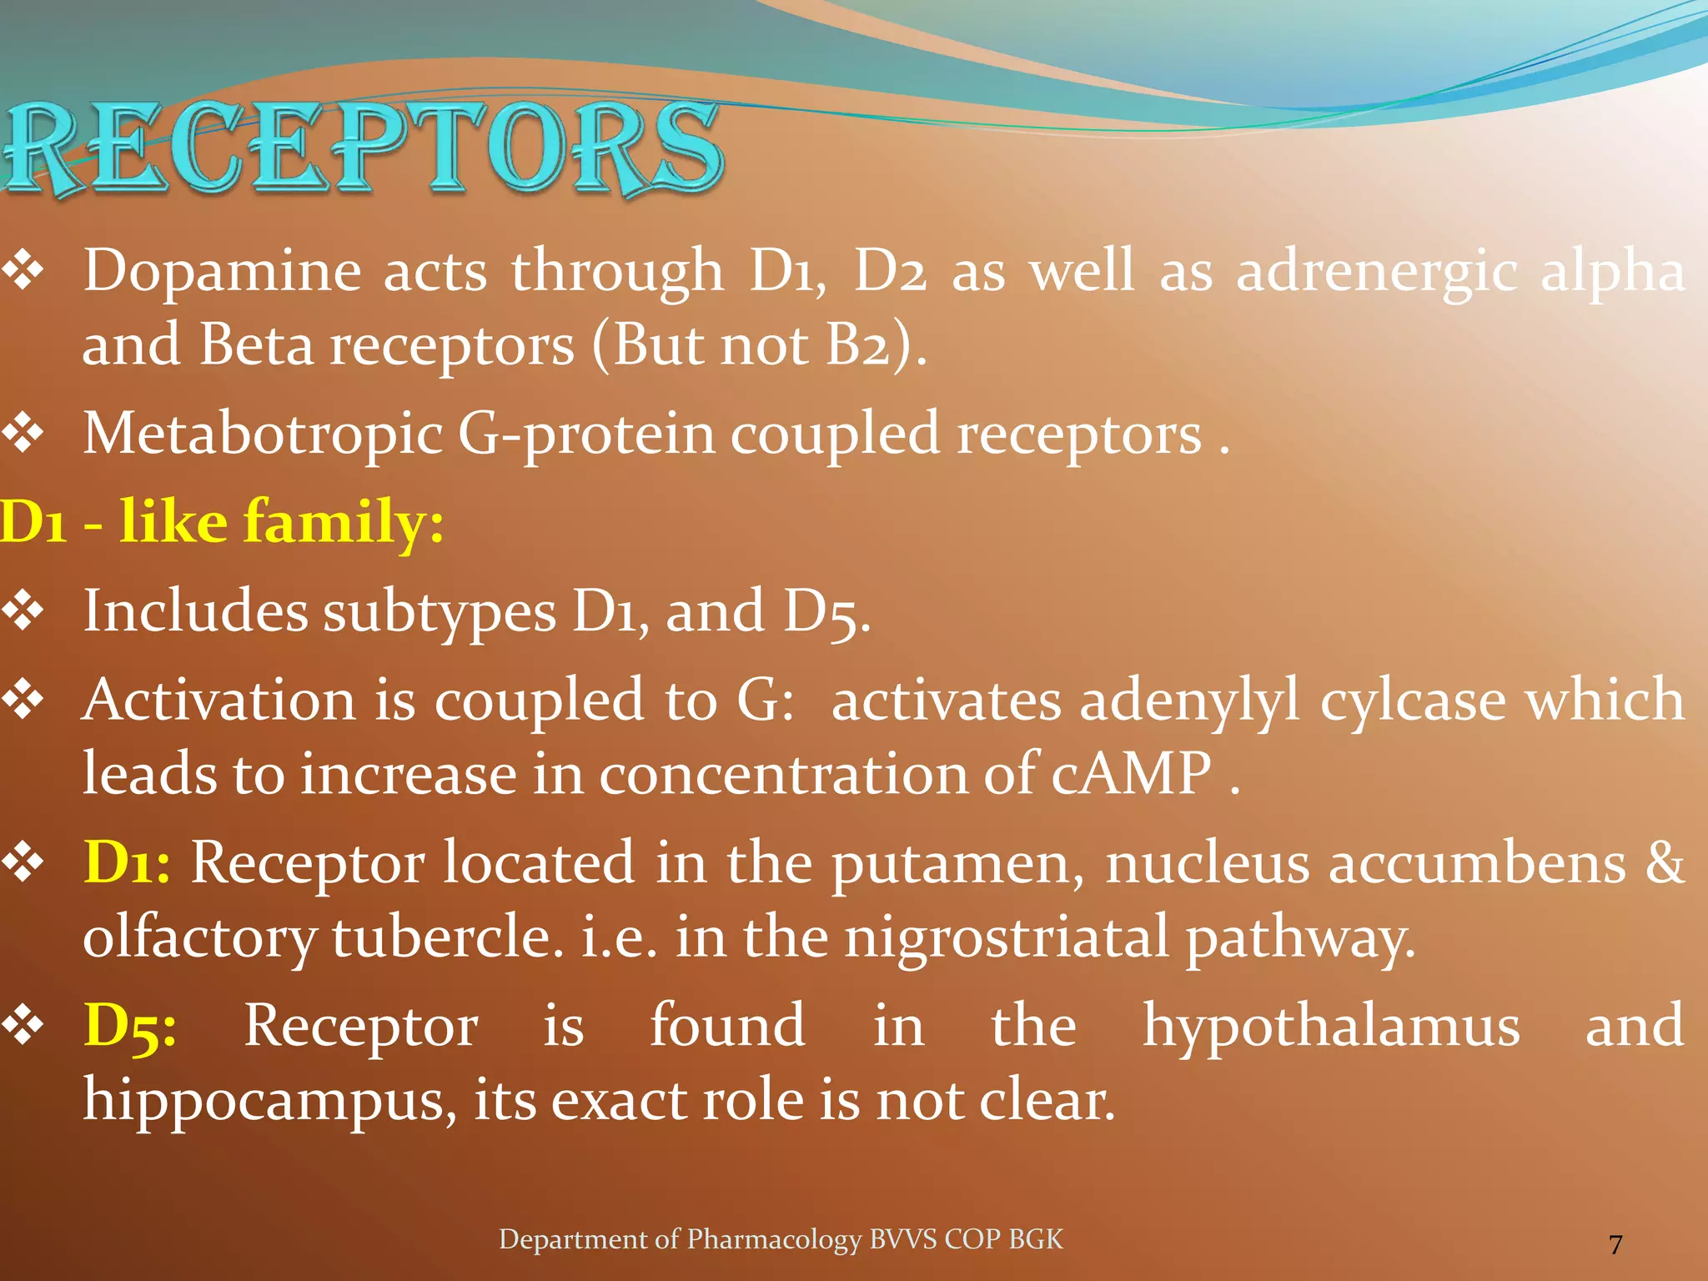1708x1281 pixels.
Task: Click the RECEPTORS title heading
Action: point(363,148)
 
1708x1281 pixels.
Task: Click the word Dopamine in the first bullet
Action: point(222,272)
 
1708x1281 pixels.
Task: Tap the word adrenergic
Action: point(1376,272)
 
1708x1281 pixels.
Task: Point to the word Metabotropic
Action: point(263,435)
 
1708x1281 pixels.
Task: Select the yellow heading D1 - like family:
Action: point(222,522)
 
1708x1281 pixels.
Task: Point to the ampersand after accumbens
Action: point(1665,862)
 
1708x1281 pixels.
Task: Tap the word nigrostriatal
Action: point(1006,937)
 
